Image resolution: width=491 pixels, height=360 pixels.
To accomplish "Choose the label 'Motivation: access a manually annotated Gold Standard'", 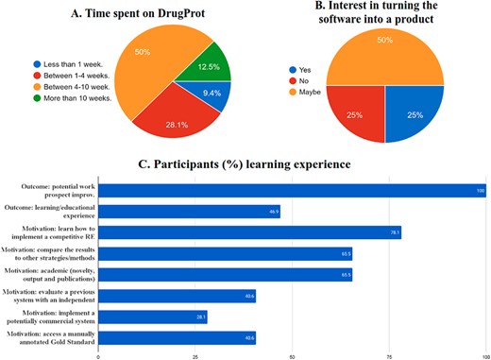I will tap(50, 337).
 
